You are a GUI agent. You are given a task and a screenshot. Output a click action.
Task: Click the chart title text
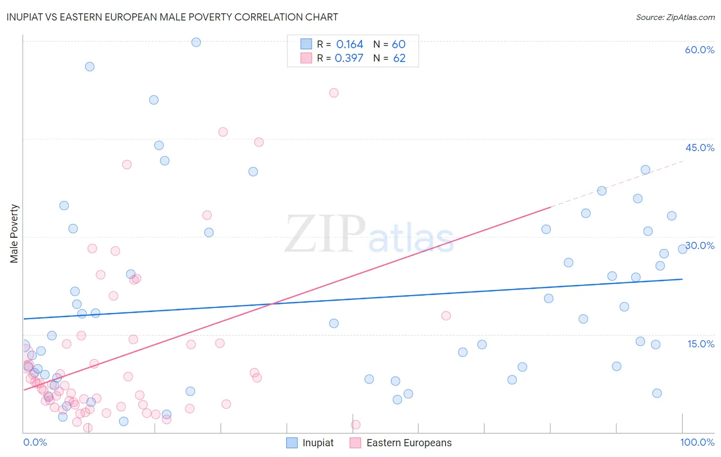tap(172, 17)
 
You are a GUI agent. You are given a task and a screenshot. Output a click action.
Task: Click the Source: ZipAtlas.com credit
tap(675, 17)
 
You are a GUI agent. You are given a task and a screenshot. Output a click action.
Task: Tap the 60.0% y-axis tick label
tap(699, 50)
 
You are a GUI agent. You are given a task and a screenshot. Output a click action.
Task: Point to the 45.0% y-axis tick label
tap(699, 148)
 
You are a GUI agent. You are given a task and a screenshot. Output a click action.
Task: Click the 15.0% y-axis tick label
tap(700, 344)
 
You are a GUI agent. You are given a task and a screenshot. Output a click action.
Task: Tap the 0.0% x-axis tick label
tap(35, 442)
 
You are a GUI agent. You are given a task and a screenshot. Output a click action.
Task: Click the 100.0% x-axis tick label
tap(697, 442)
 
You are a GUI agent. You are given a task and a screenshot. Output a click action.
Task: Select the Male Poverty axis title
tap(14, 234)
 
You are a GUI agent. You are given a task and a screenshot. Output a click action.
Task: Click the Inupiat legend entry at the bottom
tap(310, 443)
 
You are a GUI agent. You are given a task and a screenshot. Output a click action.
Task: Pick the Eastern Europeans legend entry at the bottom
tap(401, 443)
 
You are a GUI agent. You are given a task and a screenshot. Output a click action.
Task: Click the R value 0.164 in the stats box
tap(350, 45)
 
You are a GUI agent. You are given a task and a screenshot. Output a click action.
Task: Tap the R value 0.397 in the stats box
tap(349, 58)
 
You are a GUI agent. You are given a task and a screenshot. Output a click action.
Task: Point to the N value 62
tap(399, 58)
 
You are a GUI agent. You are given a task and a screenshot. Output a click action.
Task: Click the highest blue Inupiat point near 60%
tap(196, 43)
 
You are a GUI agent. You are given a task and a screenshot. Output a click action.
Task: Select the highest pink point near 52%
tap(334, 93)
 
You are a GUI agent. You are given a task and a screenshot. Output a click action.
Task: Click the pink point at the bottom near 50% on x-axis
tap(355, 424)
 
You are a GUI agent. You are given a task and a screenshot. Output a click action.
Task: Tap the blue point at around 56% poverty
tap(90, 67)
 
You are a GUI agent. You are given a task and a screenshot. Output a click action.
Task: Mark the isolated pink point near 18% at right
tap(446, 316)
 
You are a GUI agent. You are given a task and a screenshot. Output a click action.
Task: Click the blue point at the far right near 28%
tap(683, 249)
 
